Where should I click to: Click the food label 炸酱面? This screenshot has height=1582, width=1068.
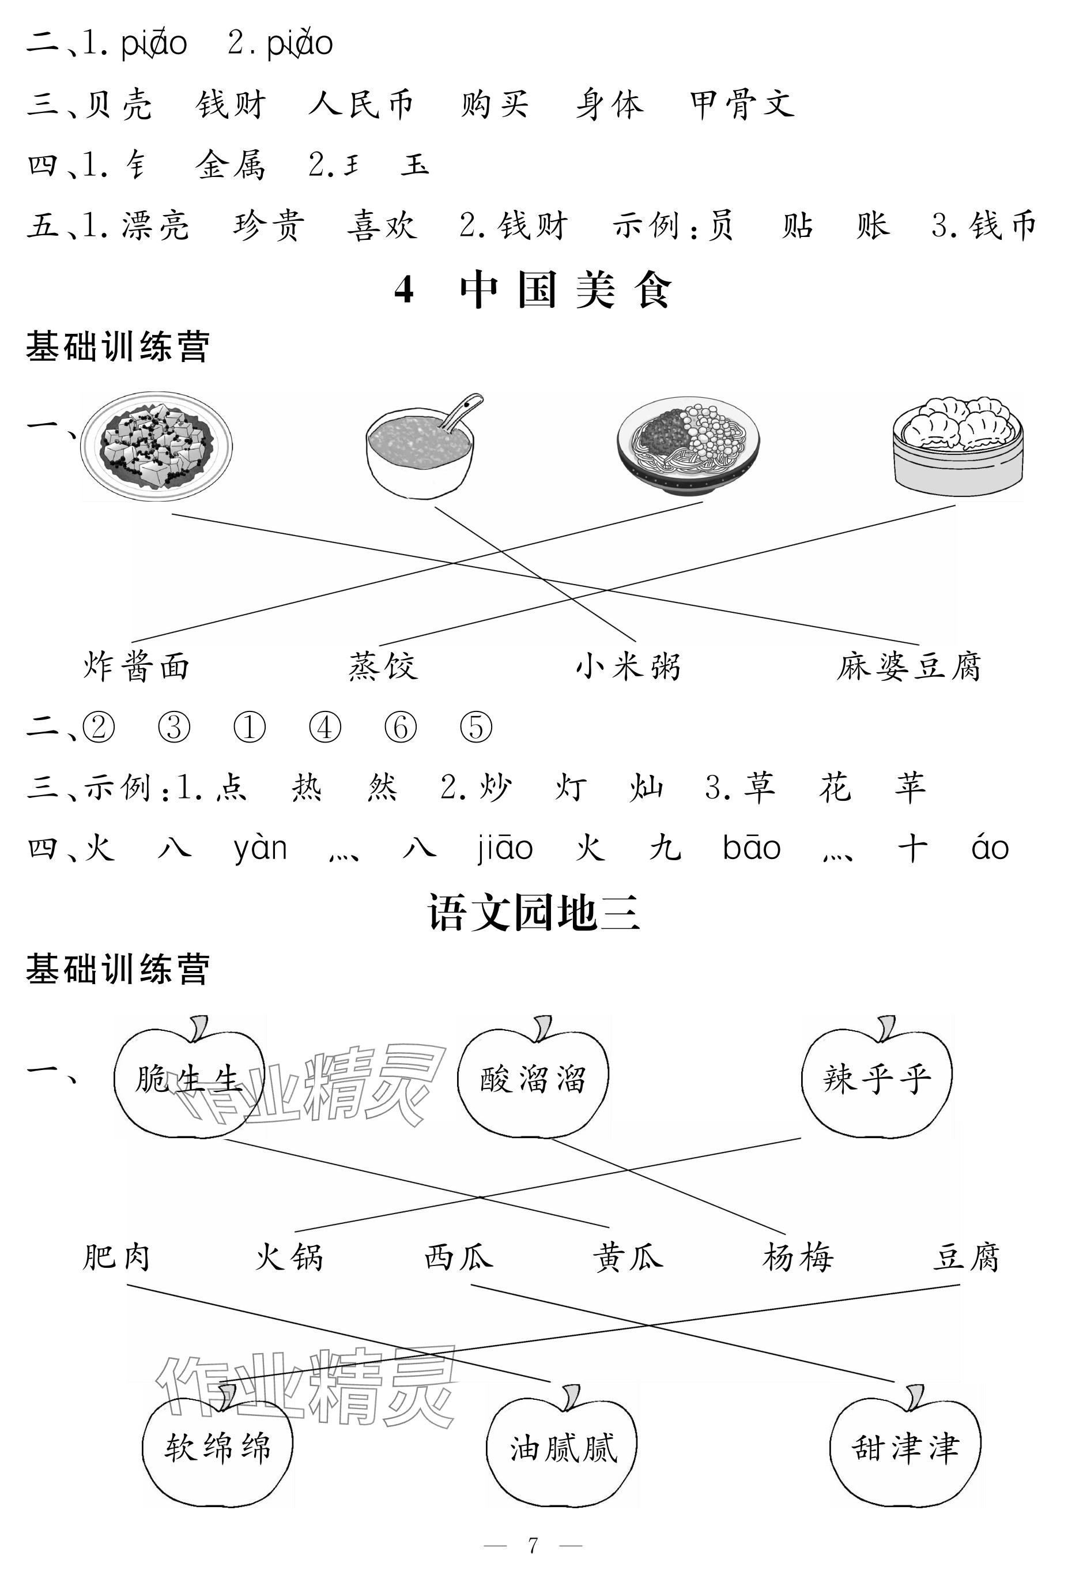(137, 666)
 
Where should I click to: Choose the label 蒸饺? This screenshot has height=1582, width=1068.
(383, 666)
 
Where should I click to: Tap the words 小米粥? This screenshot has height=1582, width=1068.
(628, 666)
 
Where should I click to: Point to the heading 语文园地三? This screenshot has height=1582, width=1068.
(533, 913)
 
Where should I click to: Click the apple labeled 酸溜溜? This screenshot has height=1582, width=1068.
(533, 1078)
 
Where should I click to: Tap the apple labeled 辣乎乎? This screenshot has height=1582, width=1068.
(877, 1078)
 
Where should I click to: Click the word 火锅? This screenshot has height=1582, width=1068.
(289, 1257)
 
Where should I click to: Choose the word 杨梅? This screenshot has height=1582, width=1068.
(798, 1257)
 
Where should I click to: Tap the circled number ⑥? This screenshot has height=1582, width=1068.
(400, 727)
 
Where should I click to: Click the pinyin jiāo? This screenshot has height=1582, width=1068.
(505, 848)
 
